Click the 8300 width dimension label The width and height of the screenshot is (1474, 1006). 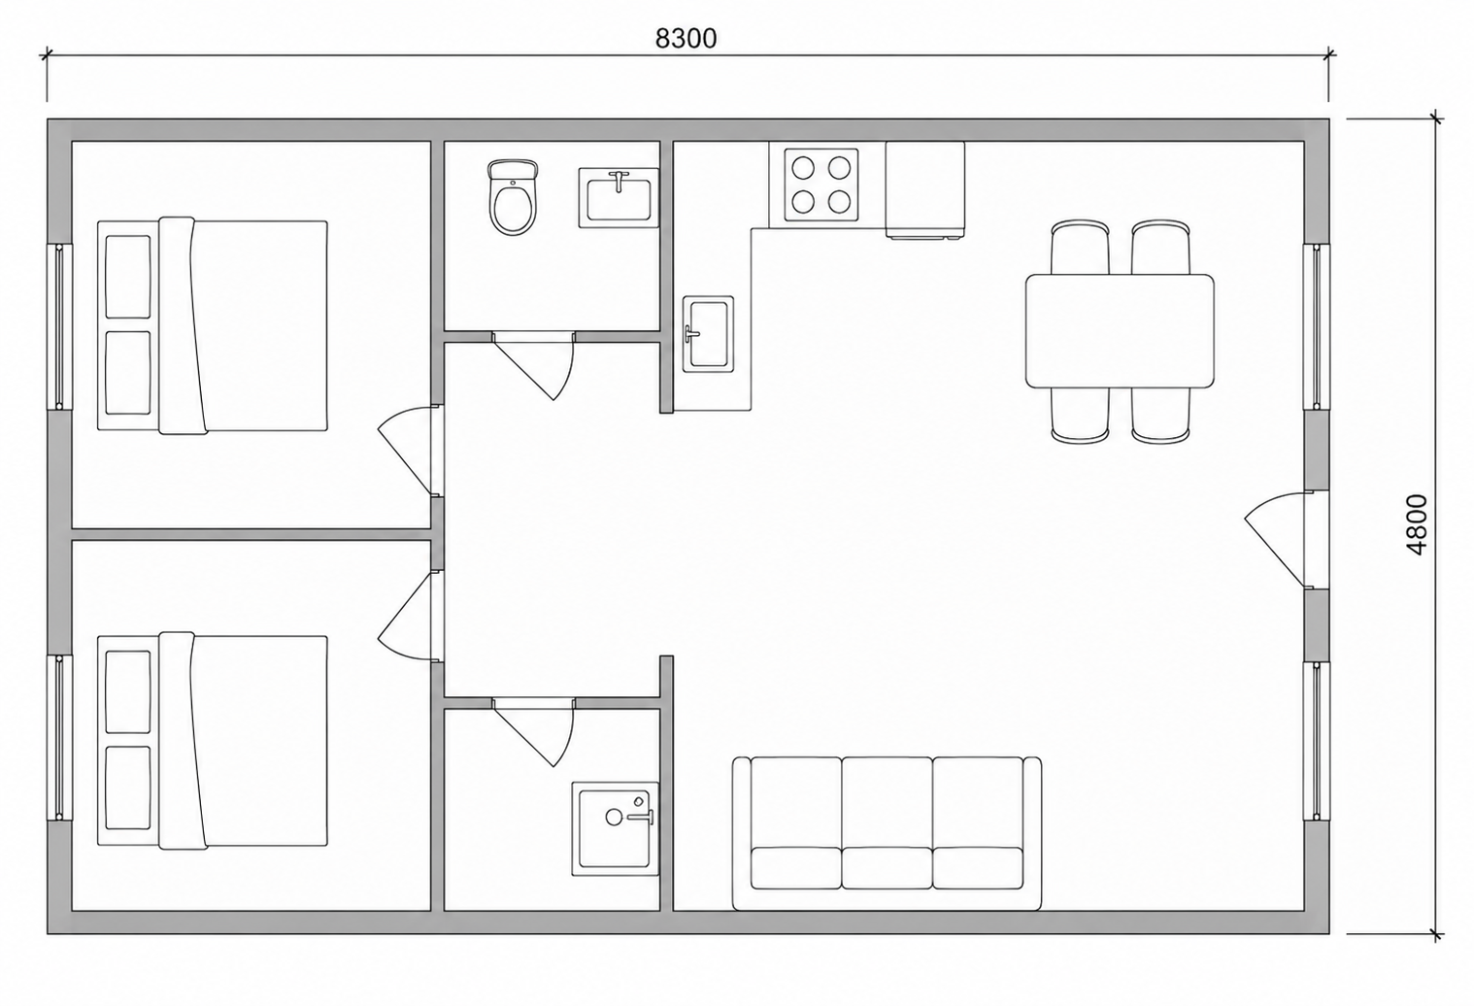pos(686,39)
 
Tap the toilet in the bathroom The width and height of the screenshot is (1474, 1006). pos(513,197)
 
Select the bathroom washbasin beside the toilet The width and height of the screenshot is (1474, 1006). pos(619,197)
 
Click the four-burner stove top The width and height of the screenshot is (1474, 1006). pos(821,184)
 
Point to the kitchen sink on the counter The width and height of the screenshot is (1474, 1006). pos(708,334)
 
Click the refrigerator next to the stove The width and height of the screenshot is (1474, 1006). pos(925,188)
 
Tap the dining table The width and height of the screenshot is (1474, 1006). pos(1120,331)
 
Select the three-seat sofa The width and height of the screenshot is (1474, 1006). pos(887,833)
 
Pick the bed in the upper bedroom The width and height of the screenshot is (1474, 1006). pos(213,325)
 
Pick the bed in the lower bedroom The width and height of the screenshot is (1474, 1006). pos(213,741)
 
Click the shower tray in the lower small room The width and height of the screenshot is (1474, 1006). pos(616,828)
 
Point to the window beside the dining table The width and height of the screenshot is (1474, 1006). pos(1317,326)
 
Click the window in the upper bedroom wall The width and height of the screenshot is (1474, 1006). pos(59,326)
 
